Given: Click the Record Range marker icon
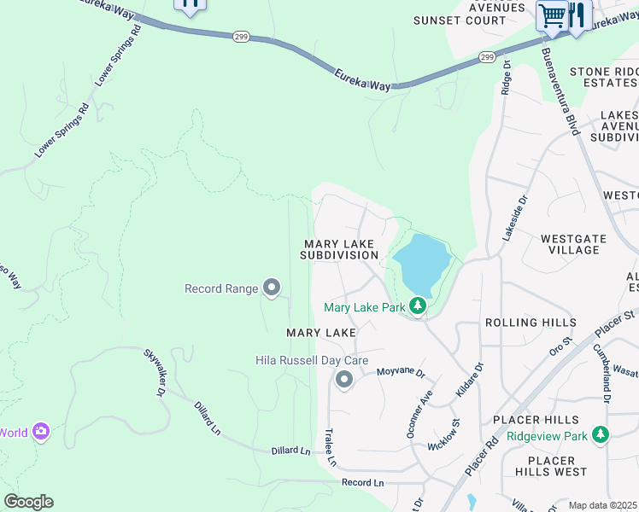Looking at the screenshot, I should [x=272, y=288].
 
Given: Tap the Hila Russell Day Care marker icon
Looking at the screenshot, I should [x=344, y=379].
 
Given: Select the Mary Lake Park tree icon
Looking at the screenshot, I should [x=417, y=305].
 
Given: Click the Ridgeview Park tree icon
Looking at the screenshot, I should [x=601, y=435].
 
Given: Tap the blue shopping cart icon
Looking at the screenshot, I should [x=552, y=15].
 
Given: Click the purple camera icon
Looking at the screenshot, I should [x=41, y=432].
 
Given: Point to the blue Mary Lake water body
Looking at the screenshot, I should [x=420, y=263].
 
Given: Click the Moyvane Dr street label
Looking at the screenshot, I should [x=401, y=373].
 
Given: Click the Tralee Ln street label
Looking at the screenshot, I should [x=330, y=447].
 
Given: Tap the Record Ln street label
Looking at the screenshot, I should [x=363, y=482].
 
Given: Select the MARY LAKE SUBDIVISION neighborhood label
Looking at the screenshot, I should [x=340, y=249].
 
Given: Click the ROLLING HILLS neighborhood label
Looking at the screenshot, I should [x=530, y=323].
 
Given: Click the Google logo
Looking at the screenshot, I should [x=28, y=502].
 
